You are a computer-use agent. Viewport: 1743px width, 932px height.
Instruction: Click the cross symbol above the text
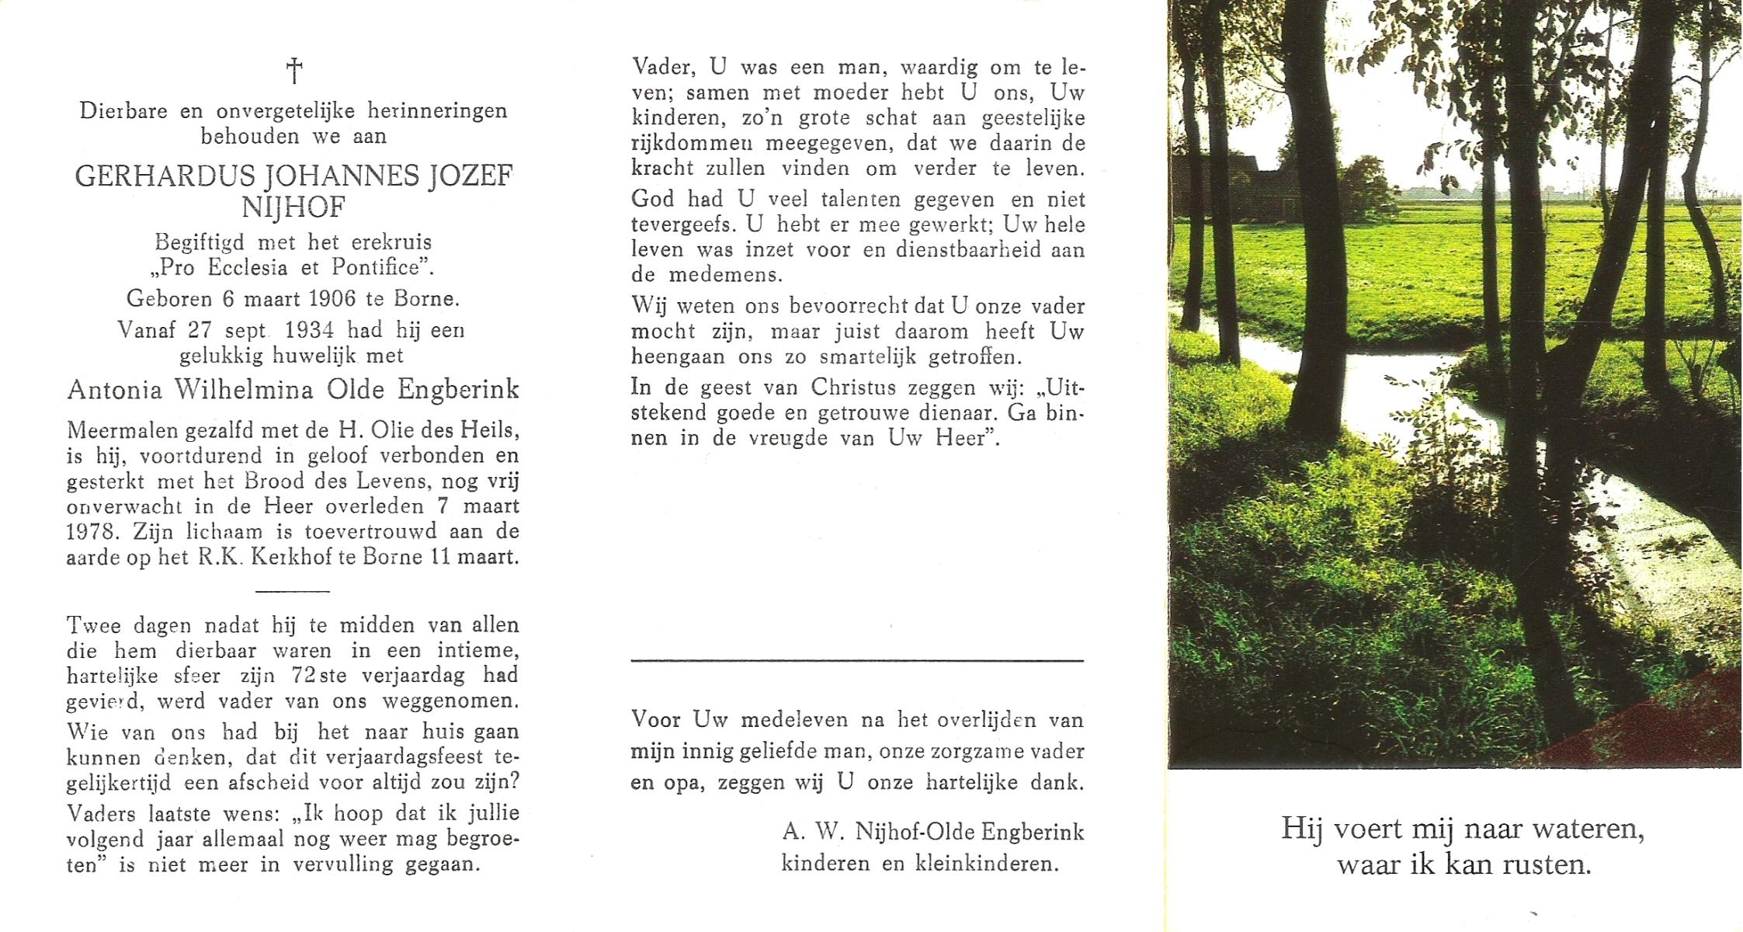(x=294, y=71)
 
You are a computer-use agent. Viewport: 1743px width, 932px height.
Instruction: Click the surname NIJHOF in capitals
(x=293, y=208)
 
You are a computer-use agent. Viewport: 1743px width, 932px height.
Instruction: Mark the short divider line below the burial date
(x=293, y=591)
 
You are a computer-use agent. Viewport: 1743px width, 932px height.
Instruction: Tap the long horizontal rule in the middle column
(x=856, y=661)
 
